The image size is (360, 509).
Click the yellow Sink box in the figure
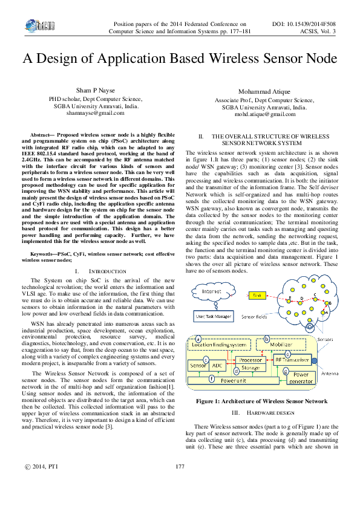click(256, 296)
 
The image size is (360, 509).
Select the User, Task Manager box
click(212, 316)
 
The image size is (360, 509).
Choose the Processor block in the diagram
click(250, 360)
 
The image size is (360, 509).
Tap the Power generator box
click(301, 378)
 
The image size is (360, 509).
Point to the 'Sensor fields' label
click(254, 316)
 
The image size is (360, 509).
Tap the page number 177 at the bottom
click(179, 483)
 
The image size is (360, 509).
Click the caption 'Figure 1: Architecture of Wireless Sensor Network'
click(258, 401)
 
